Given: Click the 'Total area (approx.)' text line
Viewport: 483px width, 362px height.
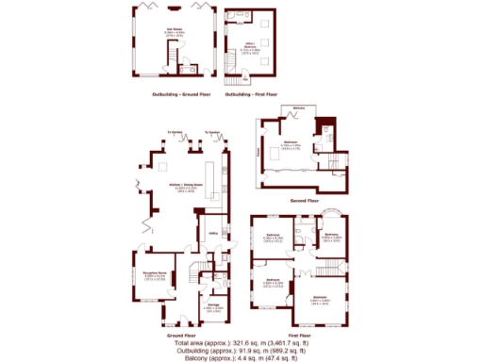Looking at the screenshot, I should coord(241,341).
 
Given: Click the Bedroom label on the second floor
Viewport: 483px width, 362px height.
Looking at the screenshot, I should coord(291,143).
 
